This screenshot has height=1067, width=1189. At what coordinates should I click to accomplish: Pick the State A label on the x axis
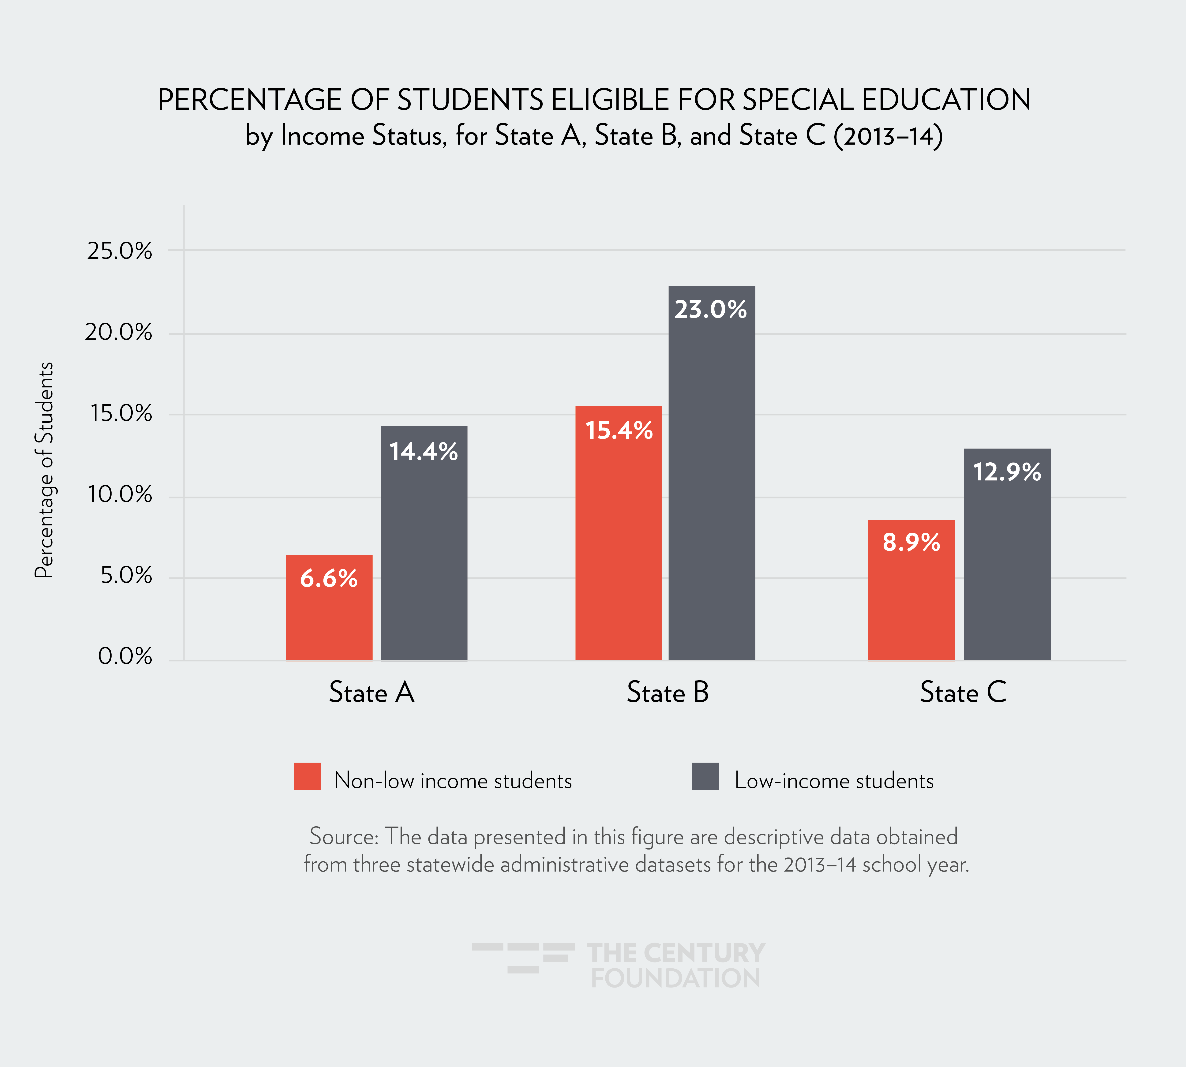(372, 692)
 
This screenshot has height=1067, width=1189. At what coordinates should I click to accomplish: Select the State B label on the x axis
(668, 692)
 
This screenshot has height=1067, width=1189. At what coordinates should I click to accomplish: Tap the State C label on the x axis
(963, 692)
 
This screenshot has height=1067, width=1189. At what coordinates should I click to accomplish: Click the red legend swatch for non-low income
(307, 777)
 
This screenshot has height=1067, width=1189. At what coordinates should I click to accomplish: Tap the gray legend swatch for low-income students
(705, 777)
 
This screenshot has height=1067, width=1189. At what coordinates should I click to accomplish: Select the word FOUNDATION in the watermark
(675, 978)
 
